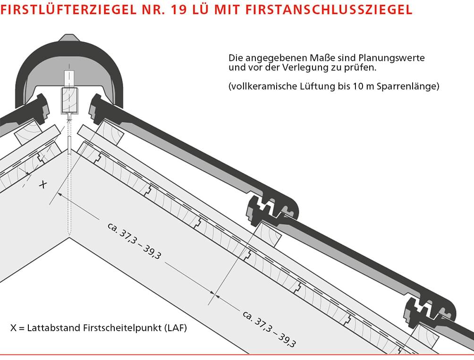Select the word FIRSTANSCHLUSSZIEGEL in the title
click(329, 9)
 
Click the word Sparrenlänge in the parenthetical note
click(407, 86)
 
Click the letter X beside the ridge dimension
click(43, 184)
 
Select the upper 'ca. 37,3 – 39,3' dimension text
click(134, 241)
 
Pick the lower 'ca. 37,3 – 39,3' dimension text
click(269, 329)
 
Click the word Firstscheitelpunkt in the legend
click(122, 328)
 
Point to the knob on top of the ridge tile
click(69, 37)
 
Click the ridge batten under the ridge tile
click(69, 101)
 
